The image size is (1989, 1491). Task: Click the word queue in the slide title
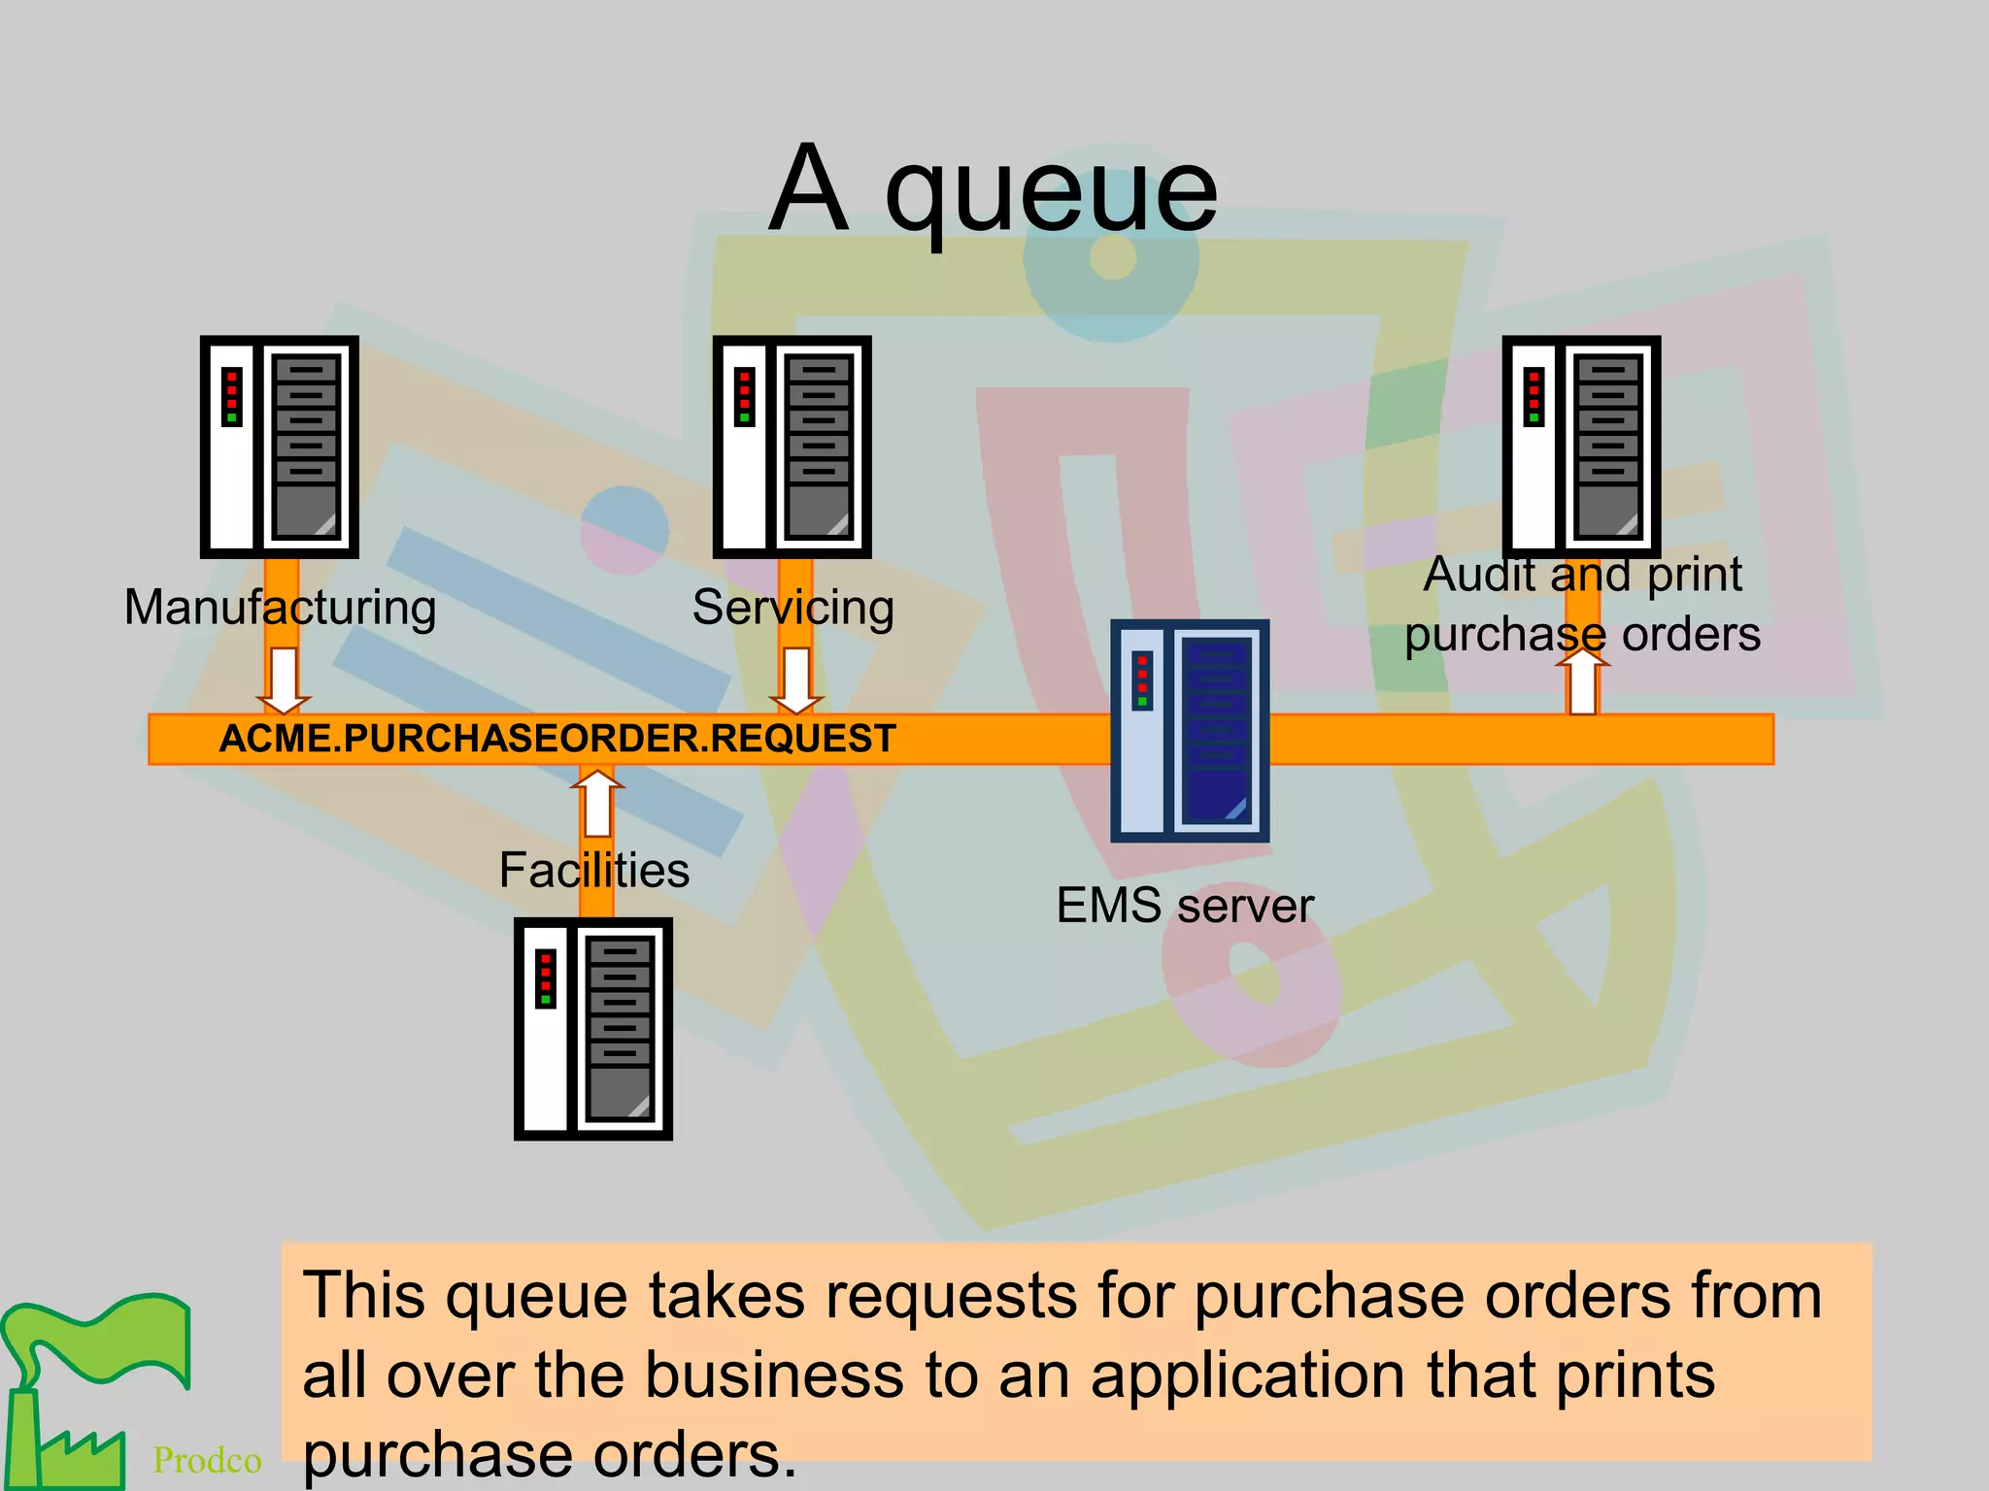pyautogui.click(x=1051, y=194)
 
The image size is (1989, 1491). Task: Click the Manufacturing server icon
pyautogui.click(x=280, y=447)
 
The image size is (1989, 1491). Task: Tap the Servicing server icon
pyautogui.click(x=792, y=447)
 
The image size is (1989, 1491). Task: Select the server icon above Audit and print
pyautogui.click(x=1581, y=447)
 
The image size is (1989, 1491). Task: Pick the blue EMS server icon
pyautogui.click(x=1190, y=731)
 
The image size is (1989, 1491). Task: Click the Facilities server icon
pyautogui.click(x=593, y=1029)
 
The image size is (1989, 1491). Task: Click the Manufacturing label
pyautogui.click(x=280, y=609)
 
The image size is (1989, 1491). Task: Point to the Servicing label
pyautogui.click(x=792, y=609)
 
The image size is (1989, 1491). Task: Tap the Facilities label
pyautogui.click(x=593, y=870)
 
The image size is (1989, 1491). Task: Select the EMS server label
pyautogui.click(x=1184, y=906)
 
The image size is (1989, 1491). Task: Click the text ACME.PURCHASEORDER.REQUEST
pyautogui.click(x=556, y=739)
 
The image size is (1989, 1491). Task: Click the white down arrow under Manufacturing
pyautogui.click(x=284, y=680)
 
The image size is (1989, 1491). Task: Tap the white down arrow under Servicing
pyautogui.click(x=796, y=680)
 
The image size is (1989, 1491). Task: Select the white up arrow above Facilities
pyautogui.click(x=597, y=802)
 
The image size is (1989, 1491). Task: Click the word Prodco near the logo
pyautogui.click(x=207, y=1460)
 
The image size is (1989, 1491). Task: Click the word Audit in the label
pyautogui.click(x=1479, y=575)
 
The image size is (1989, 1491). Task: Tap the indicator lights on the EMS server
pyautogui.click(x=1142, y=680)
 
